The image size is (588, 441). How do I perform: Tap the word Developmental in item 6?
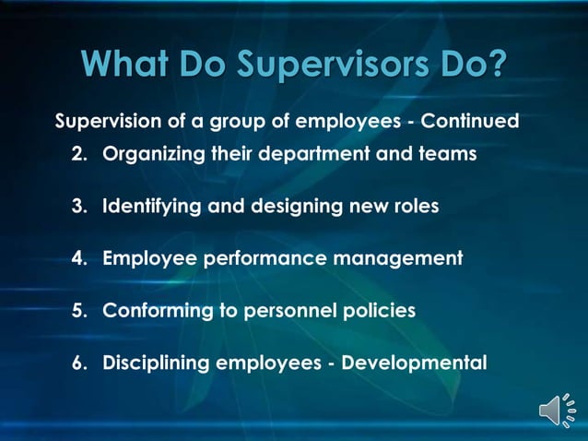(414, 363)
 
